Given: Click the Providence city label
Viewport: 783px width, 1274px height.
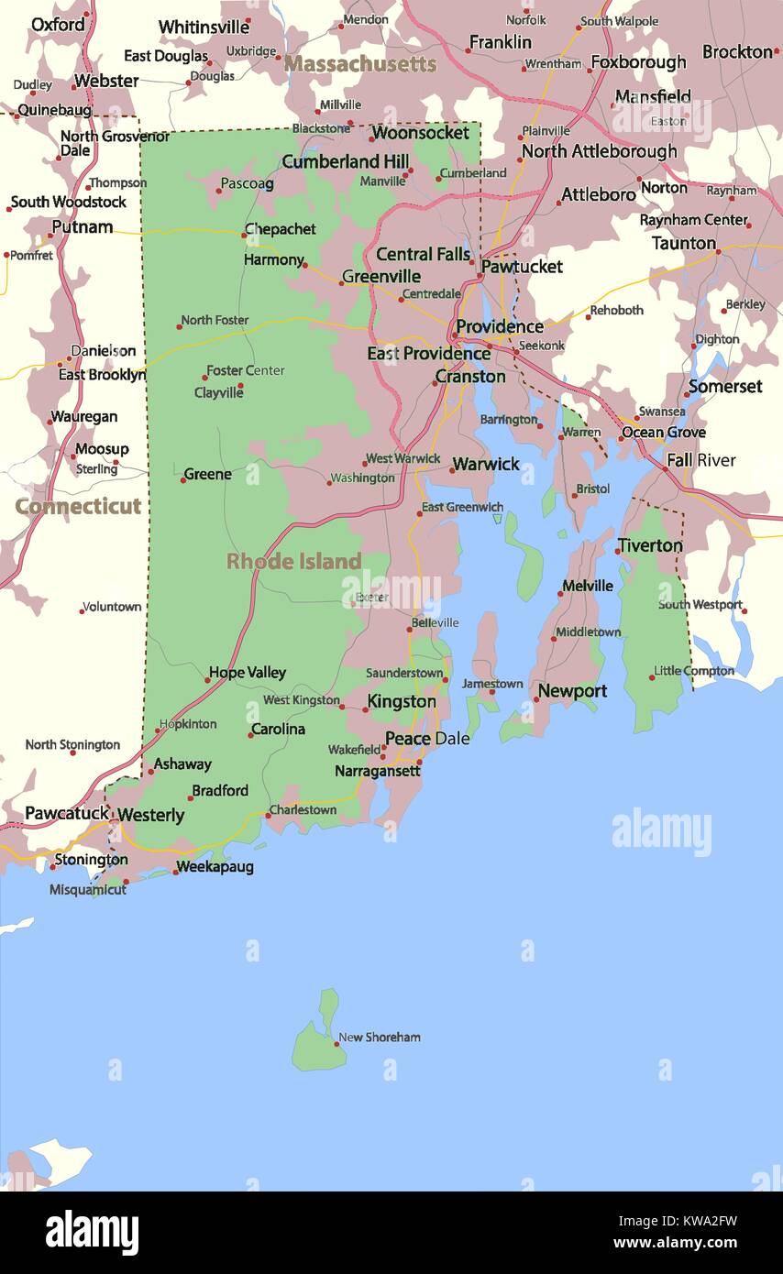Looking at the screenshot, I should [500, 327].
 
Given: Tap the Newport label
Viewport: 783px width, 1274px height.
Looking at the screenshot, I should [572, 691].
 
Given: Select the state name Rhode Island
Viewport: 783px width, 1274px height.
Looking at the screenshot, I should [293, 561].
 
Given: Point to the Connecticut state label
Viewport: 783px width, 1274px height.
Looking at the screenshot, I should [78, 506].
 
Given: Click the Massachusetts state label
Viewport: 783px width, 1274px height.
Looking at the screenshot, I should [359, 64].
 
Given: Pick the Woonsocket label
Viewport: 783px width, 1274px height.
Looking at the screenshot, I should [420, 133].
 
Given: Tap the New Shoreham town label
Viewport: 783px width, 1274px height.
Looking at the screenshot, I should [380, 1038].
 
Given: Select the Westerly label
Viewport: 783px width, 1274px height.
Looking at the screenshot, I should [150, 815].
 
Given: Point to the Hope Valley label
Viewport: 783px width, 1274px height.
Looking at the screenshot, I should [248, 673].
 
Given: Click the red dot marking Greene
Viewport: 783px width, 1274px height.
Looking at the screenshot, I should [182, 479].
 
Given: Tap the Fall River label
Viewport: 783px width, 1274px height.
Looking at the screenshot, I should [700, 460].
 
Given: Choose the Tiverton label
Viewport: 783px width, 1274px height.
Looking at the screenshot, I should [650, 545].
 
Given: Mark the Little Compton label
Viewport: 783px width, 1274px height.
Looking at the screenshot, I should [694, 671].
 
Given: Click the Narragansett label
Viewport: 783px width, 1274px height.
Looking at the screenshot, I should [377, 772].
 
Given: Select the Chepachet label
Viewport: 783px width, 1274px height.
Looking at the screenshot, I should [280, 229].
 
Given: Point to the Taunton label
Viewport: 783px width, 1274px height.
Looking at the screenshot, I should [683, 243].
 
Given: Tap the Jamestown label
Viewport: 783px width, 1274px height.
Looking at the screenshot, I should [492, 684].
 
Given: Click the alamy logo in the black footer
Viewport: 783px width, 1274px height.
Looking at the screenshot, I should [92, 1232].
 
